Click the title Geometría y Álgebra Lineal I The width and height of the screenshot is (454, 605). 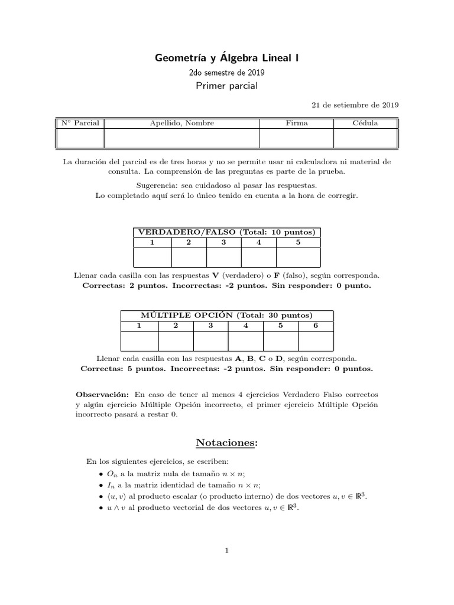[x=227, y=58]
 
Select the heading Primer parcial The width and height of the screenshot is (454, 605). [x=227, y=86]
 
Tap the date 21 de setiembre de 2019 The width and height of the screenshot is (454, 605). [x=355, y=105]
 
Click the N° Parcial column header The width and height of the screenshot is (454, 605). [x=80, y=123]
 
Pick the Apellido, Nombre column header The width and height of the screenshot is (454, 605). [x=182, y=123]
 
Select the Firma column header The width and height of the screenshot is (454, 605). [x=297, y=123]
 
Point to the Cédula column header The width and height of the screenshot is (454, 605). [x=365, y=123]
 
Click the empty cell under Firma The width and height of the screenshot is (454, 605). [x=297, y=138]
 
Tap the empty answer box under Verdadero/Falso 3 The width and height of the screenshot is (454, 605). [x=224, y=258]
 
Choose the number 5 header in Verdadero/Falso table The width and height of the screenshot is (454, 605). [x=299, y=242]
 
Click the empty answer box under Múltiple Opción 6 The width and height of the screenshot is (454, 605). [x=316, y=341]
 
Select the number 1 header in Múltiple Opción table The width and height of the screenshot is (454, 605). [x=140, y=326]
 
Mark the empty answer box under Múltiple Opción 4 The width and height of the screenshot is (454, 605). [x=245, y=341]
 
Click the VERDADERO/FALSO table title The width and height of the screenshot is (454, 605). [x=227, y=232]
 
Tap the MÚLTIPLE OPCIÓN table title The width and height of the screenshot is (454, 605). [x=227, y=315]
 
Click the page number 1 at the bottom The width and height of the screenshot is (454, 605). [x=226, y=551]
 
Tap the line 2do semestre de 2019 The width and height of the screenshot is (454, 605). [x=227, y=73]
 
